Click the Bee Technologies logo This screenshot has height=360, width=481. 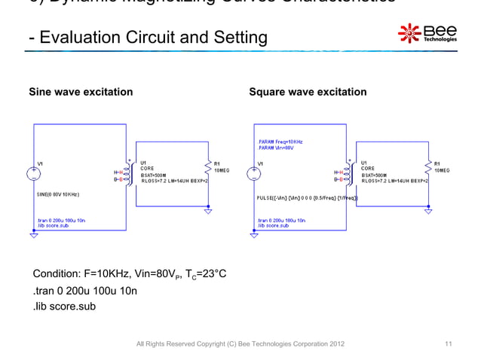(x=427, y=34)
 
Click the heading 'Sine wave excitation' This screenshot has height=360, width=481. (x=81, y=92)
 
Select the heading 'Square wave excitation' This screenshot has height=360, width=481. (x=308, y=92)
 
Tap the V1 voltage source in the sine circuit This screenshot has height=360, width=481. (x=34, y=174)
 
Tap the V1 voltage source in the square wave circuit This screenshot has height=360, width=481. (x=254, y=174)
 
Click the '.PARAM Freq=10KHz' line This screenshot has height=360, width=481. (x=281, y=141)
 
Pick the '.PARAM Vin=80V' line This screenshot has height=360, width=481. (x=277, y=148)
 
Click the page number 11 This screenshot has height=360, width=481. (x=449, y=344)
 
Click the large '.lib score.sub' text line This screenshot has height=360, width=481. (x=63, y=306)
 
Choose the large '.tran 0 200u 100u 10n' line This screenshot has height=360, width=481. (x=84, y=290)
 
